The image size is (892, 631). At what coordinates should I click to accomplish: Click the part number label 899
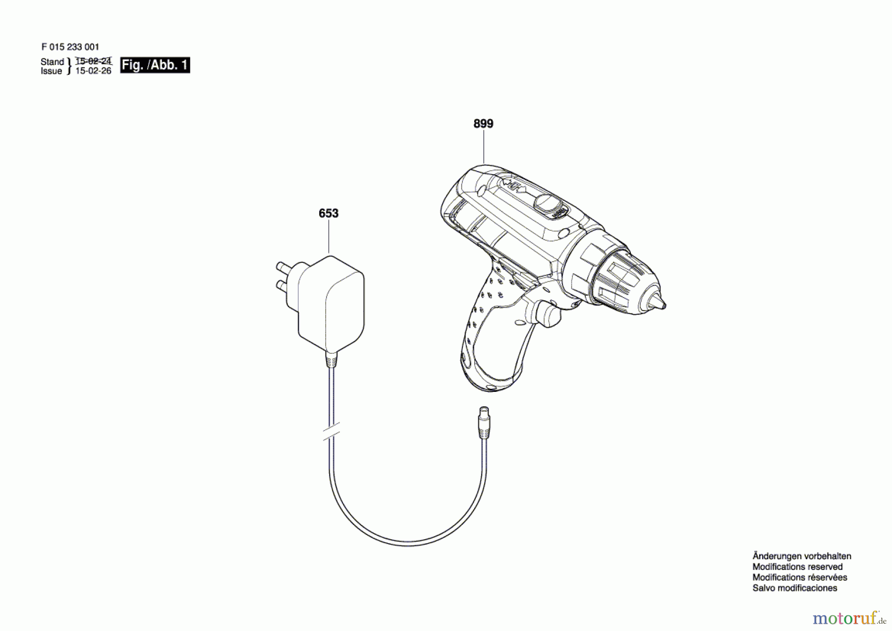tap(483, 124)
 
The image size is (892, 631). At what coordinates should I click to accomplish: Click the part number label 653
tap(328, 213)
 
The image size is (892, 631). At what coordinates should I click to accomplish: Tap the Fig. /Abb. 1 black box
tap(155, 65)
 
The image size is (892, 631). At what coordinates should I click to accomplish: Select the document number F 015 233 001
tap(70, 47)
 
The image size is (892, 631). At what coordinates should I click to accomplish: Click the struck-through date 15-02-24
tap(93, 61)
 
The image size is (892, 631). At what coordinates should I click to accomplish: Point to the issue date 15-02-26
tap(93, 71)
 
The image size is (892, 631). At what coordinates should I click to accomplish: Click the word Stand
tap(52, 62)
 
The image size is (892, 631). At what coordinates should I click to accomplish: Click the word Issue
tap(51, 71)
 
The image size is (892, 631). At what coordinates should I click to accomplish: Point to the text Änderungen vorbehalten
tap(801, 556)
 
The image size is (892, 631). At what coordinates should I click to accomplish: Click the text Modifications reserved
tap(797, 567)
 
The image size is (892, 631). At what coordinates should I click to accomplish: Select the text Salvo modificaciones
tap(794, 588)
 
